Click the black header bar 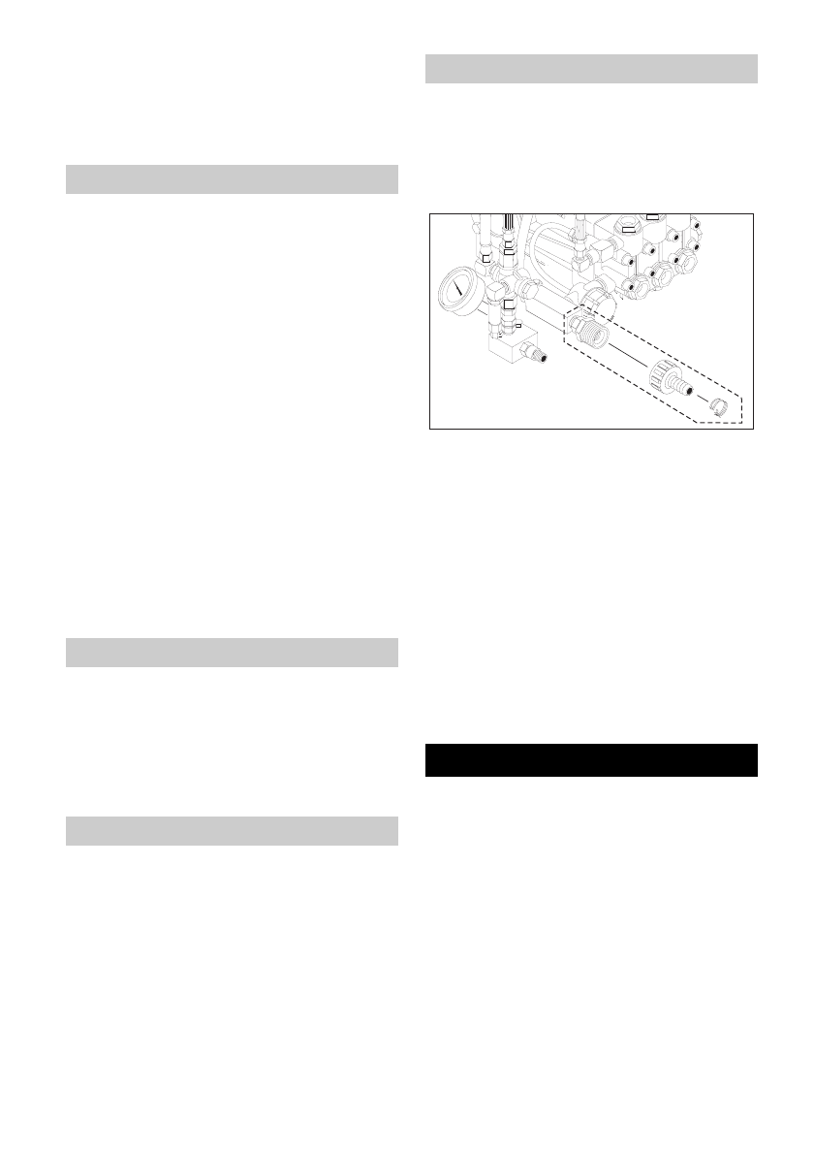(x=591, y=760)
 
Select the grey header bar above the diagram (x=591, y=70)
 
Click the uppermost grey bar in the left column (x=233, y=179)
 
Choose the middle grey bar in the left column (x=233, y=652)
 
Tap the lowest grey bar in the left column (x=233, y=831)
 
